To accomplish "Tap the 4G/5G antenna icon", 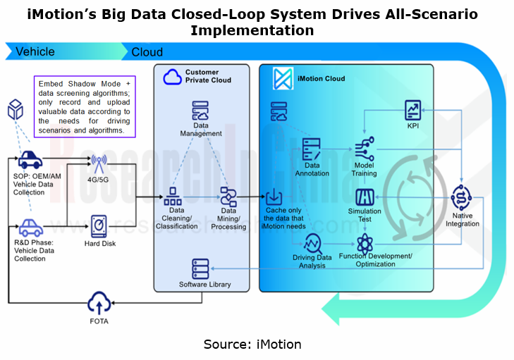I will point(99,165).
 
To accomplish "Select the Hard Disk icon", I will point(99,225).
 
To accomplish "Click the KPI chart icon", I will point(413,111).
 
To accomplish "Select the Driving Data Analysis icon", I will point(312,244).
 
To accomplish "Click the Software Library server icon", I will point(200,269).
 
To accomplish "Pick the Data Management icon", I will point(200,113).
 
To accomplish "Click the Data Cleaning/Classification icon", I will point(173,194).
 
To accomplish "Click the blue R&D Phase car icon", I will point(30,228).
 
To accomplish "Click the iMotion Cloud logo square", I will point(283,79).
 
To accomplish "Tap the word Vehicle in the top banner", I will point(35,51).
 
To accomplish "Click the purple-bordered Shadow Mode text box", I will point(84,106).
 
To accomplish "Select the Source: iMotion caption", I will point(252,345).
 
